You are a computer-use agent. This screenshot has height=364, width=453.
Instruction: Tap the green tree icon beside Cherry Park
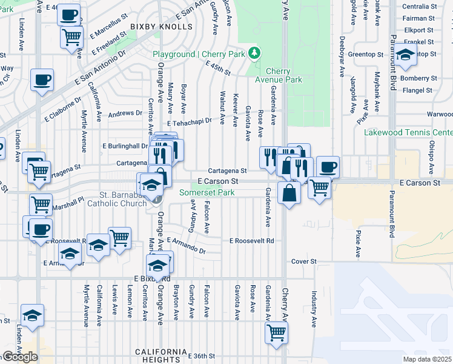coord(255,54)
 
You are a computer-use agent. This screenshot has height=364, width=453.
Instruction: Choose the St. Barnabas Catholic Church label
coord(124,199)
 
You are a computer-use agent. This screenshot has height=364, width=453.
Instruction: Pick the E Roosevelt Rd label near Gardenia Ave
coord(251,241)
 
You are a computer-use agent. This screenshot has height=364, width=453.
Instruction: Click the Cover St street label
coord(304,261)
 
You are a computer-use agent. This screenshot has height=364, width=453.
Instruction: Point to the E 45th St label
coord(218,69)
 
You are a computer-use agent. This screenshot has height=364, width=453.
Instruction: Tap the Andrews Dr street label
coord(125,113)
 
